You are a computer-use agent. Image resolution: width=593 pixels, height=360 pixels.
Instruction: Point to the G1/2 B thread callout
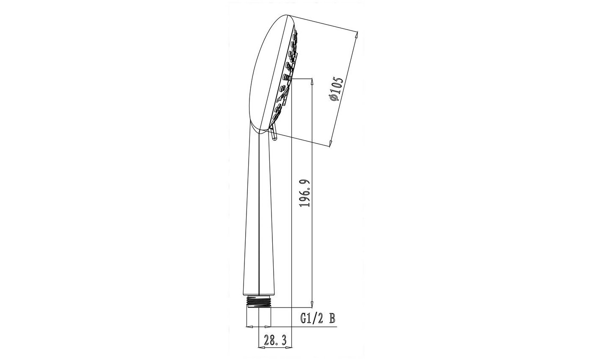click(318, 318)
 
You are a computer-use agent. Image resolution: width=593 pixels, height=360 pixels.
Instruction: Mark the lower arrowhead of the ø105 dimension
click(330, 143)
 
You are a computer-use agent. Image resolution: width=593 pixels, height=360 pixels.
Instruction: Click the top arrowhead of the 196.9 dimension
click(312, 83)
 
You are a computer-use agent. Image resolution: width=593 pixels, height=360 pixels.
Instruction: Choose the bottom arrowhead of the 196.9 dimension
click(312, 303)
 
